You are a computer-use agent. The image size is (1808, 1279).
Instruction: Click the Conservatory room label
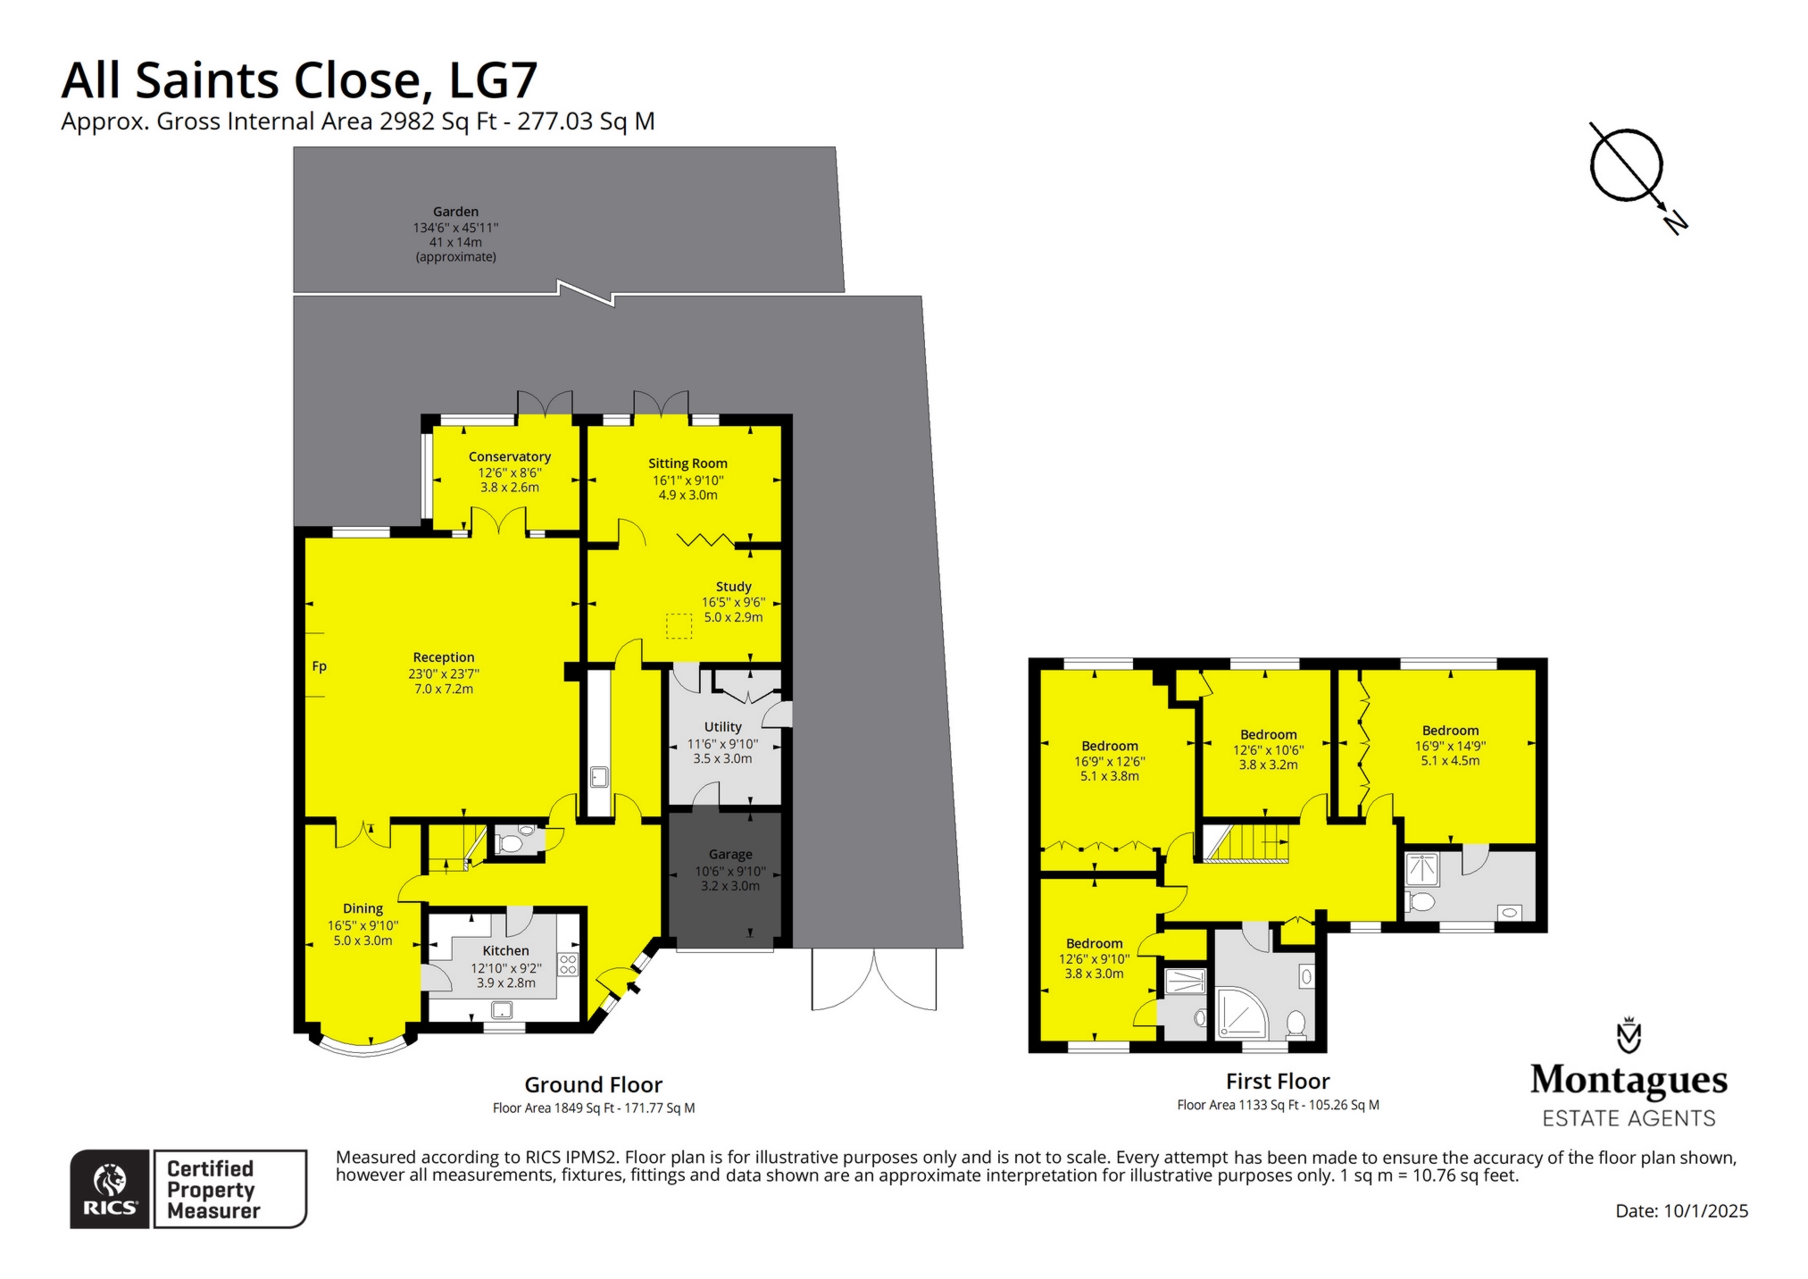pyautogui.click(x=509, y=456)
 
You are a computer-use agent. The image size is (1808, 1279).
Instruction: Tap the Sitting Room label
pyautogui.click(x=687, y=464)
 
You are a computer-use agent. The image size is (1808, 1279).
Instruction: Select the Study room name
pyautogui.click(x=733, y=587)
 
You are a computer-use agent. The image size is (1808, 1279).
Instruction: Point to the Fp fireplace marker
pyautogui.click(x=320, y=666)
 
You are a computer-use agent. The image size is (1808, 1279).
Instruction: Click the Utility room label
pyautogui.click(x=722, y=727)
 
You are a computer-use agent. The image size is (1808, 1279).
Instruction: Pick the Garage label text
pyautogui.click(x=730, y=855)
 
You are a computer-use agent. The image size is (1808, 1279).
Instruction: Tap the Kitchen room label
pyautogui.click(x=505, y=951)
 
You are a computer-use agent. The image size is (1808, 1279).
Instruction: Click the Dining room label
pyautogui.click(x=362, y=908)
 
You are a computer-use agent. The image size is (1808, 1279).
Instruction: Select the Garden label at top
pyautogui.click(x=455, y=212)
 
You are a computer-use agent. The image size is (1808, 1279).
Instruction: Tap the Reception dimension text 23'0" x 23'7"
pyautogui.click(x=444, y=674)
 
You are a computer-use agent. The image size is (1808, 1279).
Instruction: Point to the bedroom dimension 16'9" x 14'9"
pyautogui.click(x=1450, y=746)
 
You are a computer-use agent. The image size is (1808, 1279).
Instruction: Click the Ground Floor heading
pyautogui.click(x=593, y=1085)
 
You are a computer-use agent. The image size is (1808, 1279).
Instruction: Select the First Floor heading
pyautogui.click(x=1278, y=1082)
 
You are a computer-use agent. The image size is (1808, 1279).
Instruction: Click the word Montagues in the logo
pyautogui.click(x=1629, y=1080)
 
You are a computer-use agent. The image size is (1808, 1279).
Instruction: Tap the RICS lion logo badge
pyautogui.click(x=110, y=1189)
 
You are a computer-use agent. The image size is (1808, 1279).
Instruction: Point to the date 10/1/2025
pyautogui.click(x=1705, y=1211)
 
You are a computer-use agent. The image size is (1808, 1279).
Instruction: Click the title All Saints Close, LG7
pyautogui.click(x=299, y=80)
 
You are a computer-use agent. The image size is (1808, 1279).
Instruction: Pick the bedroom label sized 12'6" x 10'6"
pyautogui.click(x=1268, y=735)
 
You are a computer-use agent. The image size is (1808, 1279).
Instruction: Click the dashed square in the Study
pyautogui.click(x=679, y=627)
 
